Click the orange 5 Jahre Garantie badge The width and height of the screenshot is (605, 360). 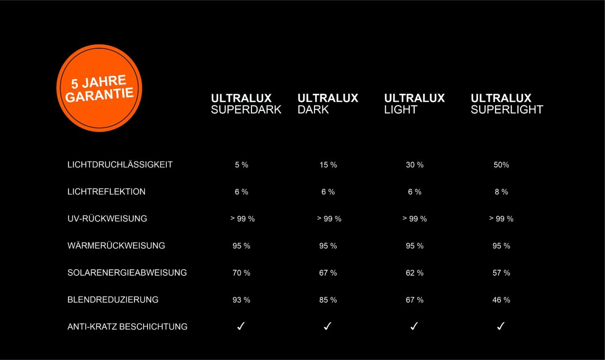point(99,88)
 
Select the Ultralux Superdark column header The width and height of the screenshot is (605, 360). point(246,104)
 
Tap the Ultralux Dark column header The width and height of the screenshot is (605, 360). point(328,104)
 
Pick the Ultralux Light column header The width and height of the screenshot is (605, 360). point(414,104)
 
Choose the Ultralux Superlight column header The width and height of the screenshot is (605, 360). point(507,104)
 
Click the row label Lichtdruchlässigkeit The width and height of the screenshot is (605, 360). point(120,164)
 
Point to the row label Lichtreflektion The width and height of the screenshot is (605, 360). point(106,191)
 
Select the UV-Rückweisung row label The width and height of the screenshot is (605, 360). point(107,218)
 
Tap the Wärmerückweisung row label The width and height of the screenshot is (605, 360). point(116,245)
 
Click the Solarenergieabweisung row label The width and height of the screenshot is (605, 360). point(127,272)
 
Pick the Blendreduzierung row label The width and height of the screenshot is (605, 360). point(113,299)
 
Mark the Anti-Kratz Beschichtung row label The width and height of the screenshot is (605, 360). point(128,326)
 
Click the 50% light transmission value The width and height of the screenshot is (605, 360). point(501,165)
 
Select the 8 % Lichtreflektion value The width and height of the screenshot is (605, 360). point(501,192)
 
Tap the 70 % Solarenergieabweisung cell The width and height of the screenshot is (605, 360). point(241,273)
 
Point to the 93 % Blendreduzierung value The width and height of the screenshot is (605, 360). point(241,300)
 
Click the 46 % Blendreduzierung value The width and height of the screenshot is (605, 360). point(501,300)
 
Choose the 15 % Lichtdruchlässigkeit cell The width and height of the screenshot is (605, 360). point(328,165)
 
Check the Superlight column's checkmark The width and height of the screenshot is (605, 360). point(501,326)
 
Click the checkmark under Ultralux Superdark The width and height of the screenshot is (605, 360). point(241,326)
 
